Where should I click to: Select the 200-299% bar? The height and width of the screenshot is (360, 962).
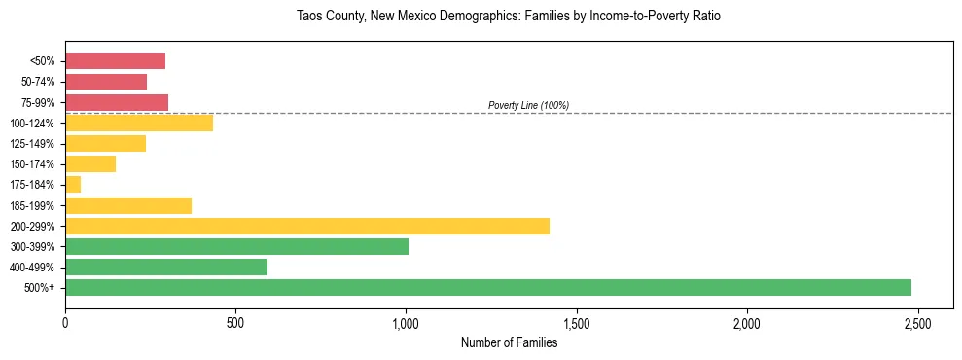pos(307,227)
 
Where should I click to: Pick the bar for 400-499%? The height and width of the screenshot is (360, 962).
pos(166,268)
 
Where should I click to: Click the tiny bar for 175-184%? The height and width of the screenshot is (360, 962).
pos(73,185)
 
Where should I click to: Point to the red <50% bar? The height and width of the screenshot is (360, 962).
pos(115,61)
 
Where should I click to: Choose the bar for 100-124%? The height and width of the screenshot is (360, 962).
pos(139,124)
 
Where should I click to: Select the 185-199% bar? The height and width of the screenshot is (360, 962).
pos(128,205)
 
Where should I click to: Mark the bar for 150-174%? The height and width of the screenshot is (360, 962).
pos(90,164)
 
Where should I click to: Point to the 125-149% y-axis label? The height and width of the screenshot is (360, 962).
pos(34,144)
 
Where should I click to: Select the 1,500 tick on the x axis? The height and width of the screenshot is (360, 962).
pos(577,322)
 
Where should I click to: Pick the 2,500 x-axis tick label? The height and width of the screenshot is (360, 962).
pos(917,322)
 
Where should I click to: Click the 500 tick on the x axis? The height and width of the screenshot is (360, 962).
pos(235,322)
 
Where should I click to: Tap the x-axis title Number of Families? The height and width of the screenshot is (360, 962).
pos(509,342)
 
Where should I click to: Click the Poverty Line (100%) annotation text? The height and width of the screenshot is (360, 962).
pos(528,105)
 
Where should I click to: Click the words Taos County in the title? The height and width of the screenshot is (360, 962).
pos(330,17)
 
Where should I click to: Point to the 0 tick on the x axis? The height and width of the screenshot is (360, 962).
pos(65,322)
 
